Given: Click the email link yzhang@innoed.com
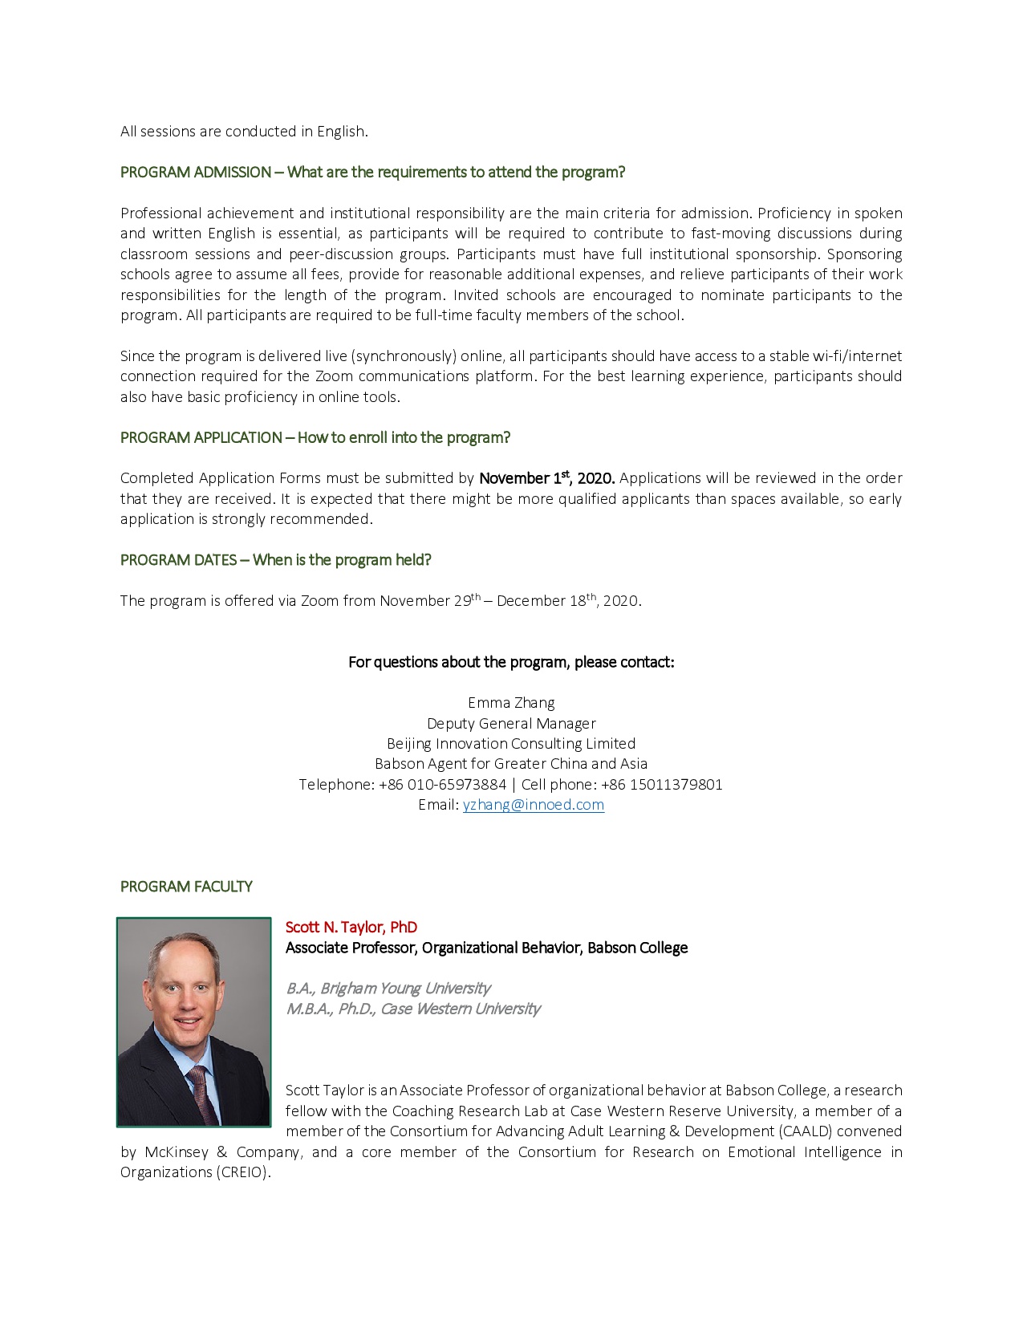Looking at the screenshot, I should [x=533, y=805].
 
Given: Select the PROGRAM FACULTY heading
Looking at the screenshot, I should [x=186, y=887].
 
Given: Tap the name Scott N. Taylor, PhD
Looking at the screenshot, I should [x=351, y=928].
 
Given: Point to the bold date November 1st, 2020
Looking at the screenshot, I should [x=546, y=478].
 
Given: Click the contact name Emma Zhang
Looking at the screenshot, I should [x=511, y=703].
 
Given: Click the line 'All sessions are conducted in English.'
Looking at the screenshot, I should [x=244, y=132].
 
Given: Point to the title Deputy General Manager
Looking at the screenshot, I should [x=511, y=724].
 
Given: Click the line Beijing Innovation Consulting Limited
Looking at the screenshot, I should [x=511, y=744].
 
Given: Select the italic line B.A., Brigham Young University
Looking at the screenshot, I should [x=388, y=989].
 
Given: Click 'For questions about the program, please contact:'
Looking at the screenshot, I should [x=511, y=662].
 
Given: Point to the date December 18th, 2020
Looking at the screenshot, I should [x=568, y=601].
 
